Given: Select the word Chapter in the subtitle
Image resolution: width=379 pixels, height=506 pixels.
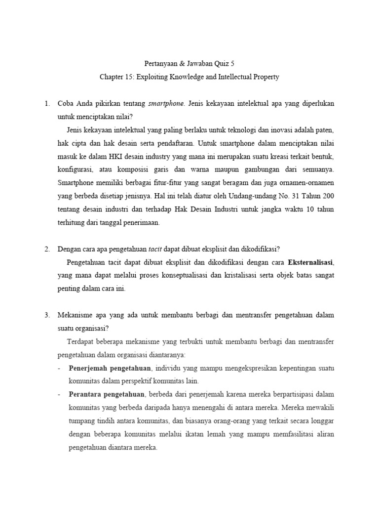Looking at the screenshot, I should pos(112,77).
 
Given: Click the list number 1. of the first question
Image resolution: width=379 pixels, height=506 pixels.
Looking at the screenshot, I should pos(47,104).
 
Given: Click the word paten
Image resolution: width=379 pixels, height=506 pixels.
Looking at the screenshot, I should pos(325,130).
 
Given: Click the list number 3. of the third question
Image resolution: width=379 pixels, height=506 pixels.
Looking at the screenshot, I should pos(47,315).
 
